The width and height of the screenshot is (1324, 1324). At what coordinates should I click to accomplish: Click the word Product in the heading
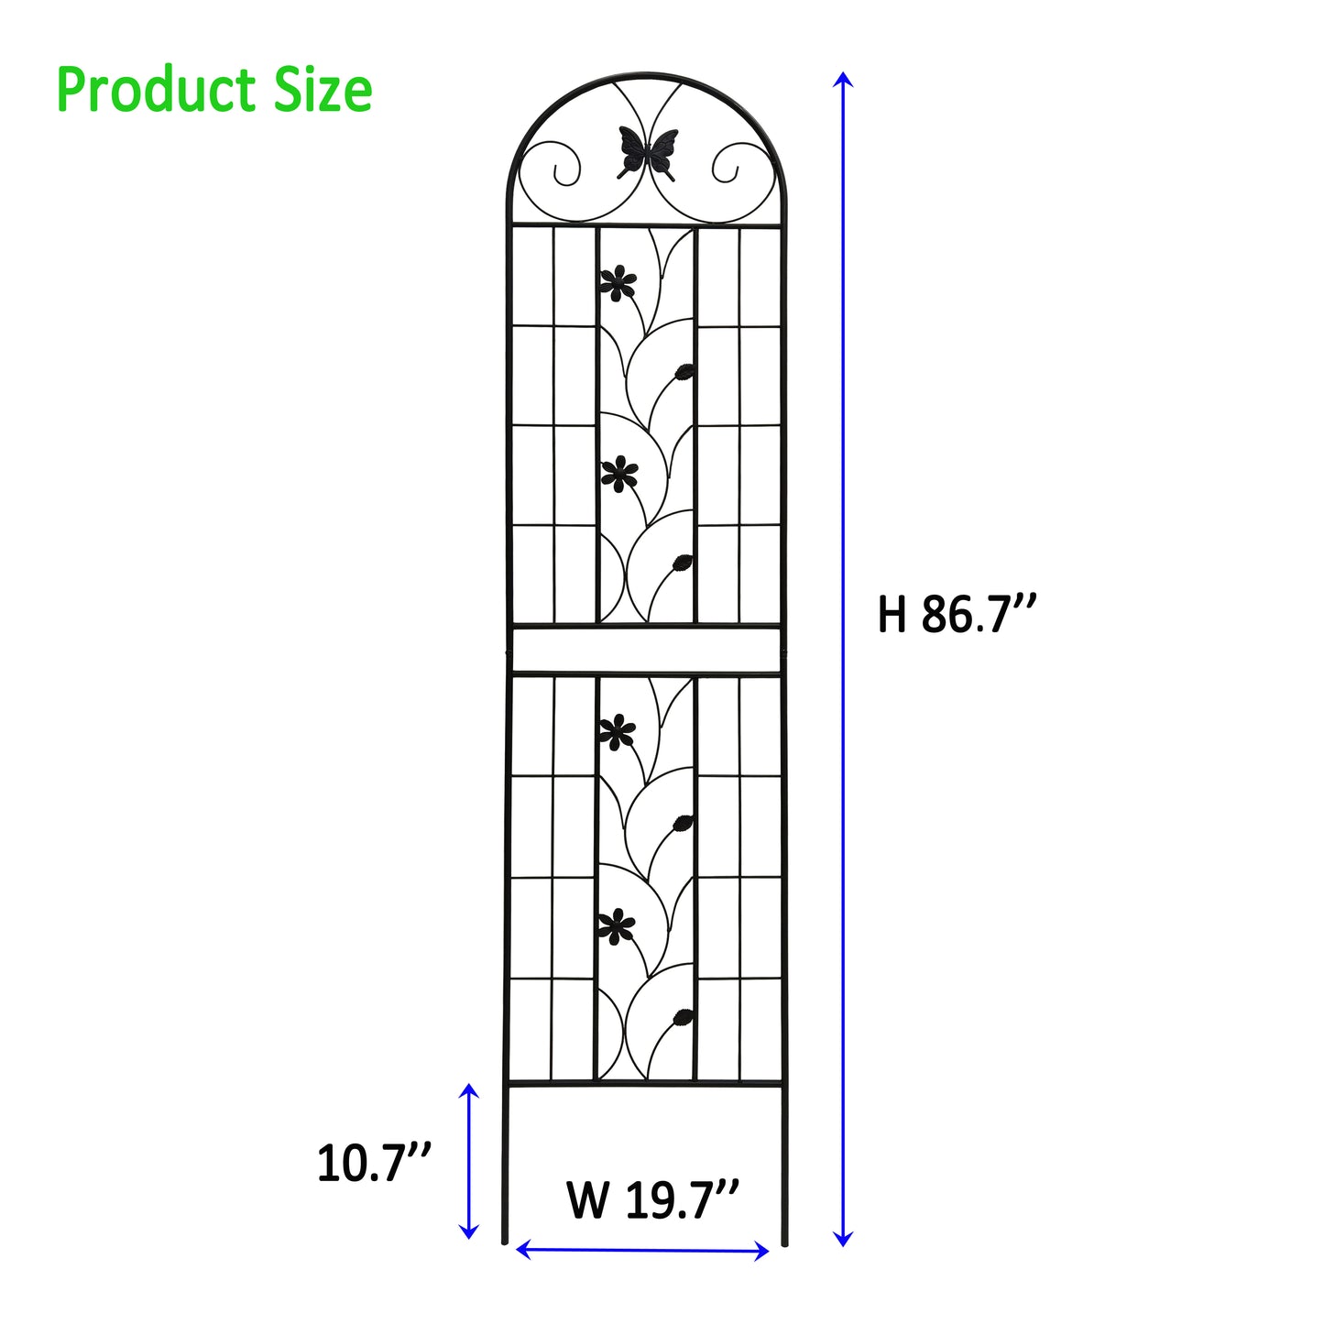[156, 92]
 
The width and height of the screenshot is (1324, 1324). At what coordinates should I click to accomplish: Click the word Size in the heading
[323, 90]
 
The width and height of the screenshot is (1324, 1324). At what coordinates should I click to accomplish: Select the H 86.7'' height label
[957, 614]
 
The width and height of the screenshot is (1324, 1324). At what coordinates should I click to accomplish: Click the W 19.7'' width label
[652, 1199]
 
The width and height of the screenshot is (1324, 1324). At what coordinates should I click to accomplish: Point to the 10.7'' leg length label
[374, 1164]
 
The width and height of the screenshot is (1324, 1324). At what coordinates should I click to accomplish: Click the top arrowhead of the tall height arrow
[843, 77]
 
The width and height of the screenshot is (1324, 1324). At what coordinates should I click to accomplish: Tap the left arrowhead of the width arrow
[523, 1248]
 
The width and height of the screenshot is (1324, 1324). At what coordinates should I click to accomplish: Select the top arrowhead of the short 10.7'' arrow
[469, 1090]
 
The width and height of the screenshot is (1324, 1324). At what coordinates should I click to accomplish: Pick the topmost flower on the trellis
[618, 283]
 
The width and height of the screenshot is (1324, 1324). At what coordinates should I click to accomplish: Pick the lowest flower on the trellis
[617, 928]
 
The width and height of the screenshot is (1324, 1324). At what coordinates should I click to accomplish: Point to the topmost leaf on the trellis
[684, 371]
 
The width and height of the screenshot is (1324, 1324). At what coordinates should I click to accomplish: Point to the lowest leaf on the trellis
[682, 1016]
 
